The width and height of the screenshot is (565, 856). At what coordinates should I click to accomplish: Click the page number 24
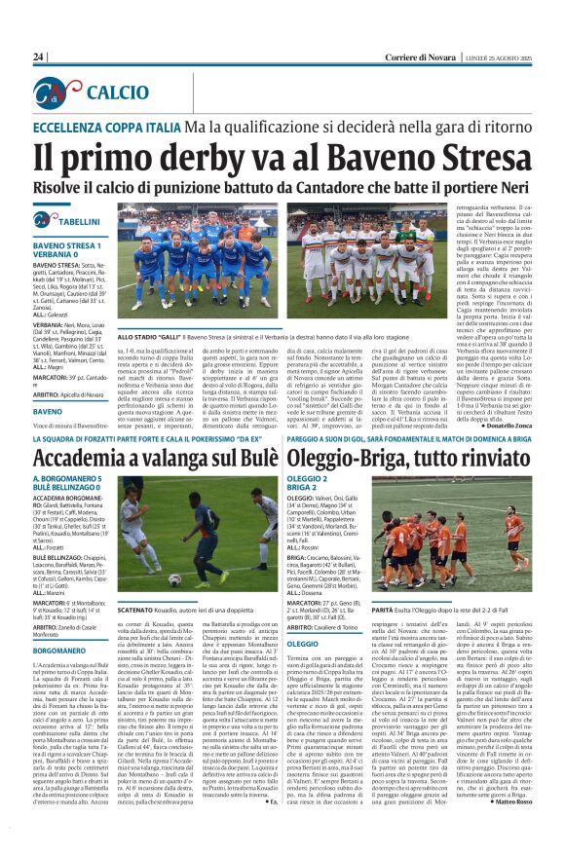pos(38,57)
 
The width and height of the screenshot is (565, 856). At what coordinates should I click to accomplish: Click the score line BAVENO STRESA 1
pos(68,244)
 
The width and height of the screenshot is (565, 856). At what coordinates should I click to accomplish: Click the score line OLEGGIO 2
pos(308,480)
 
